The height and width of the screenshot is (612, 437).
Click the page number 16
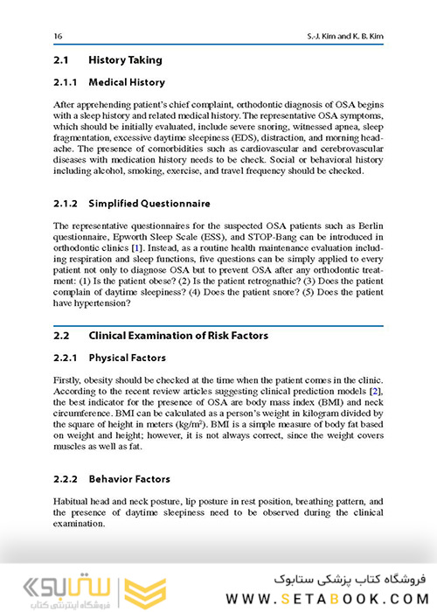[x=58, y=35]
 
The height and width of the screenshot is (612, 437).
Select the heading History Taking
[x=125, y=61]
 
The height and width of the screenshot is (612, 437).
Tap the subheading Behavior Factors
[x=129, y=479]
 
